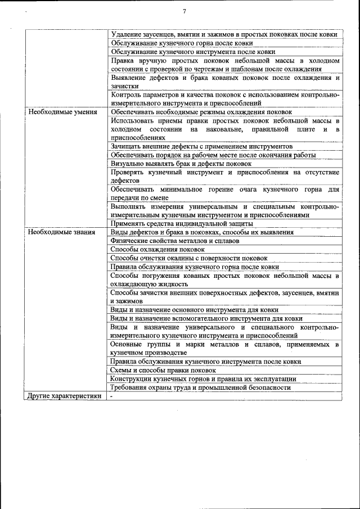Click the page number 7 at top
[x=184, y=12]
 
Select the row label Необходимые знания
[x=57, y=232]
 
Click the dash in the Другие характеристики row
[x=112, y=396]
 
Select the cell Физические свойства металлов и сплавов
[x=175, y=240]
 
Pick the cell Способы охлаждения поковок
[x=157, y=249]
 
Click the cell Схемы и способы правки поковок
[x=163, y=370]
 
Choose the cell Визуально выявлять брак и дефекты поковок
[x=181, y=163]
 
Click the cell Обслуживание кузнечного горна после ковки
[x=181, y=43]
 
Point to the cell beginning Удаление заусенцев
[x=224, y=34]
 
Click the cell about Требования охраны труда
[x=200, y=388]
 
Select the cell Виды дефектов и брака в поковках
[x=201, y=232]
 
